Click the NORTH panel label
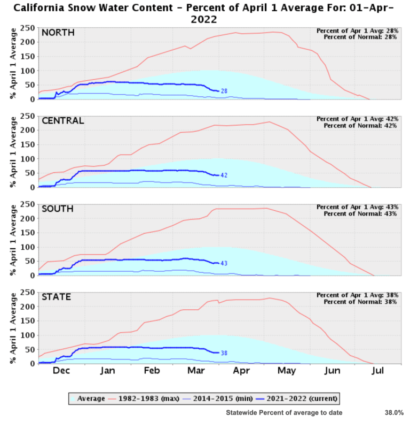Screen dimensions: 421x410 point(58,33)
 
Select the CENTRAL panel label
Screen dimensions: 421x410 point(63,120)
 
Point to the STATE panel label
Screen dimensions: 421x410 point(57,297)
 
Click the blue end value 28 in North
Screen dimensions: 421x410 point(225,91)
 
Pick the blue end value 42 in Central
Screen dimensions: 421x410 point(225,175)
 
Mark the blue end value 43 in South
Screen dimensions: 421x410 point(225,263)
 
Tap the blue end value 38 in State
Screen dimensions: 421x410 point(225,353)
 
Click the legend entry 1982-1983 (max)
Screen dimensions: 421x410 point(144,399)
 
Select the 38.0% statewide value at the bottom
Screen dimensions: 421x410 point(394,412)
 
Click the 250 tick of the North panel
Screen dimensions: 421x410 point(29,28)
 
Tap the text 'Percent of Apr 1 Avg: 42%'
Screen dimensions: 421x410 point(357,119)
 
